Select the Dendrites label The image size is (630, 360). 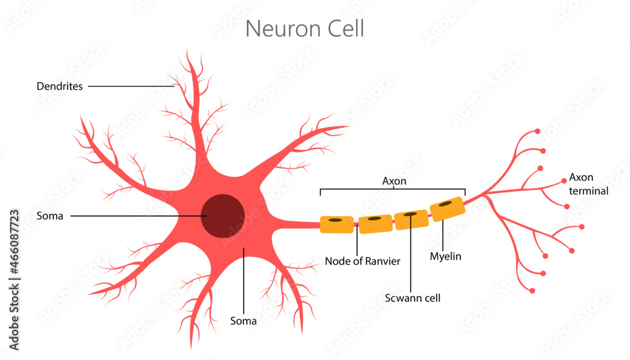tap(59, 86)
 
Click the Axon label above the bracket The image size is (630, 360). tap(394, 181)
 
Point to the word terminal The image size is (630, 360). tap(588, 190)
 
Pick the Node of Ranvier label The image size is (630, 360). tap(362, 261)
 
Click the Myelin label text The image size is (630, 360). tap(445, 257)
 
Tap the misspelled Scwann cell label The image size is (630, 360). tap(412, 298)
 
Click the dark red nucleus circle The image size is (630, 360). tap(223, 216)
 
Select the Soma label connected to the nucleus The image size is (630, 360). tap(50, 216)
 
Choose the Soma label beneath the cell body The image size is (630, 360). tap(243, 321)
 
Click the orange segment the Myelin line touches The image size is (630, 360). tap(447, 209)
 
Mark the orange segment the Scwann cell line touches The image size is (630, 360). tap(411, 219)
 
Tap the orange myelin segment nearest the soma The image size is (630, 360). tap(336, 224)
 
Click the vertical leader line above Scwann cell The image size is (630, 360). tap(411, 258)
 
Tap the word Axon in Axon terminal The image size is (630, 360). tap(581, 177)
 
